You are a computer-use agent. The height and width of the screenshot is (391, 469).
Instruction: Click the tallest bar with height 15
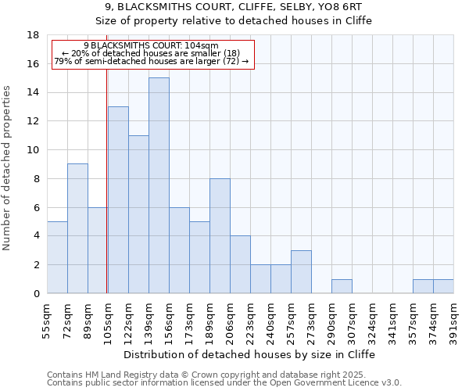[x=159, y=185]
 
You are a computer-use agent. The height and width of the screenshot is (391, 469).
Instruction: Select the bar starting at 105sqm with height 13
[x=118, y=199]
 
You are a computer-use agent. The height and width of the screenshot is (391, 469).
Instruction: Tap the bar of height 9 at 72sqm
[x=77, y=228]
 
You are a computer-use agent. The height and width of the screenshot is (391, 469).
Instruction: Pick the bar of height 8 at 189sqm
[x=220, y=235]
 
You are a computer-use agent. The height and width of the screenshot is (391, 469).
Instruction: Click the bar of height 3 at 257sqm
[x=301, y=271]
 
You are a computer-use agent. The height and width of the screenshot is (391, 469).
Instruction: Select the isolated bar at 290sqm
[x=342, y=286]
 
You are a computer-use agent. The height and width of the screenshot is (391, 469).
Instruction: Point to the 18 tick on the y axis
[x=33, y=35]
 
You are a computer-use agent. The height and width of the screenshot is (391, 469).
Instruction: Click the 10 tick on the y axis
[x=33, y=150]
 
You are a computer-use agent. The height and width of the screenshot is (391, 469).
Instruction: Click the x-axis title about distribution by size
[x=250, y=354]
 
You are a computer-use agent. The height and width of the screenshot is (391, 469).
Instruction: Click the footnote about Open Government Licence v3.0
[x=224, y=383]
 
